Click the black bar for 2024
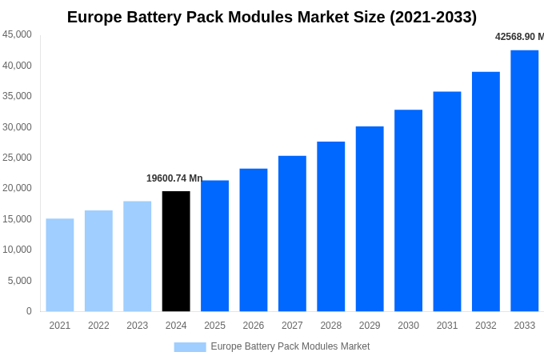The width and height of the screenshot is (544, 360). pyautogui.click(x=176, y=251)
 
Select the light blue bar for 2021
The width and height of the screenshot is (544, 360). pyautogui.click(x=60, y=265)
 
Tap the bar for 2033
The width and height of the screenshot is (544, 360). pyautogui.click(x=524, y=181)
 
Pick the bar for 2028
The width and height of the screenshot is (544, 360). pyautogui.click(x=330, y=226)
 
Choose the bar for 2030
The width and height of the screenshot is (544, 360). pyautogui.click(x=408, y=210)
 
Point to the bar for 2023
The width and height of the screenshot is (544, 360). pyautogui.click(x=137, y=256)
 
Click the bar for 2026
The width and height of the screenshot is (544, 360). pyautogui.click(x=253, y=240)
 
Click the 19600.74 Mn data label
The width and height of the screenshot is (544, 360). pyautogui.click(x=174, y=178)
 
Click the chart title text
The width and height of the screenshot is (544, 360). pyautogui.click(x=272, y=17)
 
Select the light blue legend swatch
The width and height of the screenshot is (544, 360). pyautogui.click(x=190, y=347)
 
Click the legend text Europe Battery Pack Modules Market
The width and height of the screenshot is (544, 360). pyautogui.click(x=290, y=346)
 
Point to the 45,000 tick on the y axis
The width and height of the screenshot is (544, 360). pyautogui.click(x=17, y=34)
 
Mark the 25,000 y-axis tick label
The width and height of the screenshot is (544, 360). pyautogui.click(x=17, y=158)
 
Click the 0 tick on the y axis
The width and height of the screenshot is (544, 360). pyautogui.click(x=29, y=311)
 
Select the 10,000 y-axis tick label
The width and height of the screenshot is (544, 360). pyautogui.click(x=17, y=250)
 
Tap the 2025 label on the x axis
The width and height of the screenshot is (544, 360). pyautogui.click(x=214, y=326)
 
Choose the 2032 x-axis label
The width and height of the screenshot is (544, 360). pyautogui.click(x=486, y=326)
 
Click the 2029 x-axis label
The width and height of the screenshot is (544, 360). pyautogui.click(x=370, y=326)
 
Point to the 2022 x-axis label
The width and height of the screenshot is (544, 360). pyautogui.click(x=98, y=326)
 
